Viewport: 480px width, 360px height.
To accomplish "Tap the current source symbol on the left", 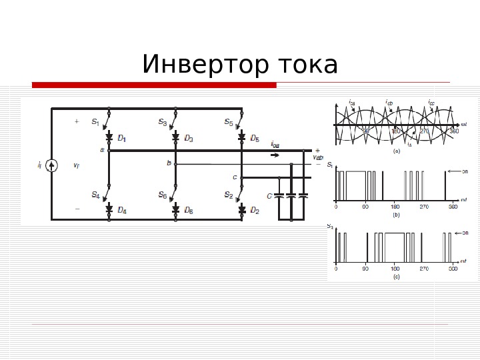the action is pos(53,165).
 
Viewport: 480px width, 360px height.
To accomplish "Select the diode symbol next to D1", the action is pos(109,138).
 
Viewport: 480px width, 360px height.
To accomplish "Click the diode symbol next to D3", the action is pos(175,138).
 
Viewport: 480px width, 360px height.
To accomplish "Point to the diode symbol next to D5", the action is pos(242,138).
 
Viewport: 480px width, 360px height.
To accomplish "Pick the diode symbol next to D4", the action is pos(109,209).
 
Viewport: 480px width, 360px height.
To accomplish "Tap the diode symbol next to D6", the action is pos(175,209).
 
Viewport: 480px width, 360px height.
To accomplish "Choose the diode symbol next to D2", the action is pos(242,209).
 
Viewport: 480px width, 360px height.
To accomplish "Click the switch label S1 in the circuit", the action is pos(95,123).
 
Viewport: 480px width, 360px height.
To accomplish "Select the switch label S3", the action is pos(162,122).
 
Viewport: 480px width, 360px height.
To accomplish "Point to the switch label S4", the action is pos(95,195).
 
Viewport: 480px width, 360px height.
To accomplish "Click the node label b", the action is pos(169,163).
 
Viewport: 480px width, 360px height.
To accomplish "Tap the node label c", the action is pos(234,177).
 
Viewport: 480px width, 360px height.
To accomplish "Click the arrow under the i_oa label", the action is pos(275,155).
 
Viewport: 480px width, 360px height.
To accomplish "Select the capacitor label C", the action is pos(269,196).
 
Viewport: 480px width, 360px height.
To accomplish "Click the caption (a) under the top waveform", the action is pos(396,151).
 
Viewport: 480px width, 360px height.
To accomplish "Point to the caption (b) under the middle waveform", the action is pos(396,215).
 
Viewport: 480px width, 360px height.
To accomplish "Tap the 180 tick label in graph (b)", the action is pos(395,207).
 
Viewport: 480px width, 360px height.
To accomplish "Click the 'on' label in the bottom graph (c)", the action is pos(465,233).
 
